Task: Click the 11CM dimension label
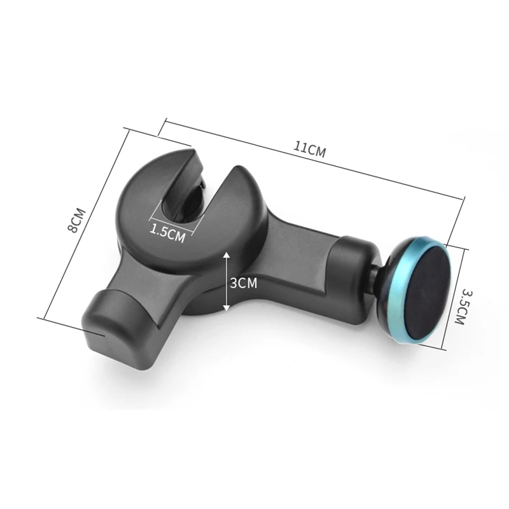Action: click(x=309, y=150)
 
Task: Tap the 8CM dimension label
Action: click(x=76, y=220)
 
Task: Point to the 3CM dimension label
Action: click(x=244, y=283)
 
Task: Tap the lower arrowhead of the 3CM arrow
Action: click(x=227, y=307)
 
